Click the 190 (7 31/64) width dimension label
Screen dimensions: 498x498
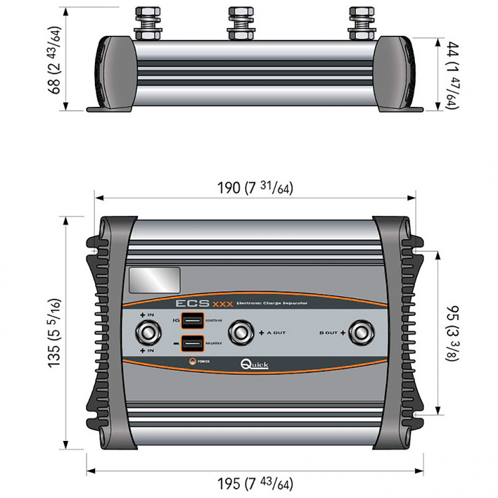click(255, 188)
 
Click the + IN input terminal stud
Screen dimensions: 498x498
click(147, 331)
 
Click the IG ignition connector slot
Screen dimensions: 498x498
click(193, 321)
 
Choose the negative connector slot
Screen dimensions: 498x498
click(193, 343)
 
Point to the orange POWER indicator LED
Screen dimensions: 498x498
click(193, 361)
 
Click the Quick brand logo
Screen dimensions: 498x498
click(254, 365)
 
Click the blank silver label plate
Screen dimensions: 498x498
click(155, 280)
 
